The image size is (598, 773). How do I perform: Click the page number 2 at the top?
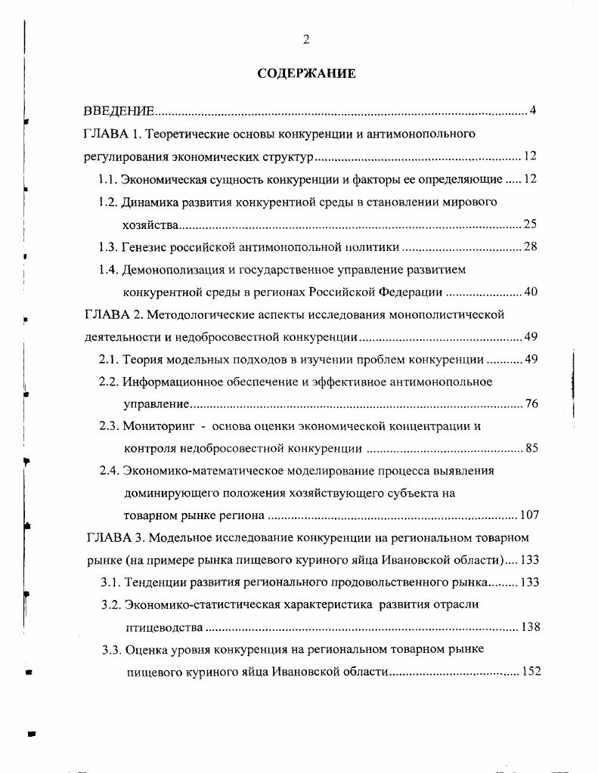[x=306, y=40]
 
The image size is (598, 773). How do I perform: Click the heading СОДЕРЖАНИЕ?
[x=306, y=73]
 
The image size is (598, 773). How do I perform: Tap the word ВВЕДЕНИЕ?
[x=119, y=112]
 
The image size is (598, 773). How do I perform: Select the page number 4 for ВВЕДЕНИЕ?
[x=532, y=112]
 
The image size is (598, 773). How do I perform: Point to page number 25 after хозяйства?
[x=530, y=224]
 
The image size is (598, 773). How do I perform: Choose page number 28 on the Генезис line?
[x=530, y=247]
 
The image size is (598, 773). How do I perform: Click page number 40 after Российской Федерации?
[x=530, y=292]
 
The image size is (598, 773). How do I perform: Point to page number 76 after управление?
[x=531, y=404]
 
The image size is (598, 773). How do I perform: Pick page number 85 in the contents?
[x=531, y=449]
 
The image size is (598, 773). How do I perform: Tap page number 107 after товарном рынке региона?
[x=528, y=516]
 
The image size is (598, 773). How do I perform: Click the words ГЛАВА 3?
[x=112, y=538]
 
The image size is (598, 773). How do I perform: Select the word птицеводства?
[x=163, y=628]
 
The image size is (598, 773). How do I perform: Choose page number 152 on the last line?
[x=531, y=672]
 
